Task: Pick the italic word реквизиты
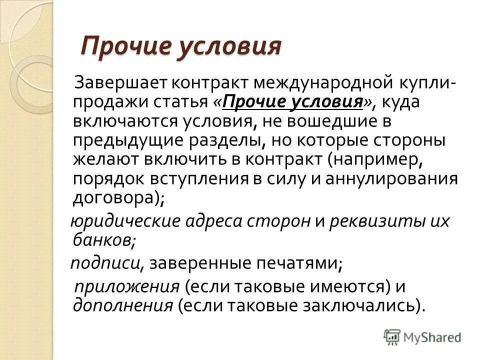pos(379,221)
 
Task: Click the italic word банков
pos(102,240)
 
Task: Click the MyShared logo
pos(422,336)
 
